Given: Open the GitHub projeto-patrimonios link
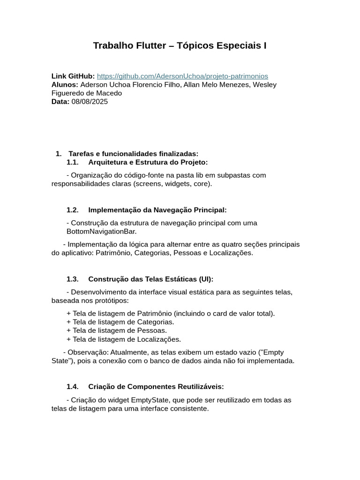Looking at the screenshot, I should pos(182,76).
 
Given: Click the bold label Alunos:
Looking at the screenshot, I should pos(65,85).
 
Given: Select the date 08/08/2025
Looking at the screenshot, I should pos(90,102).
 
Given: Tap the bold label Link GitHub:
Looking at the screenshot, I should pos(73,76).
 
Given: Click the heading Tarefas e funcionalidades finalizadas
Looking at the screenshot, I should pos(133,154).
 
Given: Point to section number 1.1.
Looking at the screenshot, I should pos(72,162).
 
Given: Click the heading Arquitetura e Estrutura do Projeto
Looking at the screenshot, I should pos(148,162).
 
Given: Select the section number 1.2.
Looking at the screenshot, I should pos(72,210).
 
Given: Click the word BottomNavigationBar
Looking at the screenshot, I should pos(101,232).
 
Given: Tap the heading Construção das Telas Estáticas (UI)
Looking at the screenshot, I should pos(150,279).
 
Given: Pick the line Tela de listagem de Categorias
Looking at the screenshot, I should pos(120,322).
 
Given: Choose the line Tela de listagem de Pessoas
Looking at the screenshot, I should pos(116,330).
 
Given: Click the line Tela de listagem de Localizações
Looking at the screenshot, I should pos(123,339).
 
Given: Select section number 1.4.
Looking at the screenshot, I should pos(72,387).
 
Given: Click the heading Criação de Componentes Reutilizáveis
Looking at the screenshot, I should pos(156,387).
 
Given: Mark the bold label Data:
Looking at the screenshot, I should pos(60,102).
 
